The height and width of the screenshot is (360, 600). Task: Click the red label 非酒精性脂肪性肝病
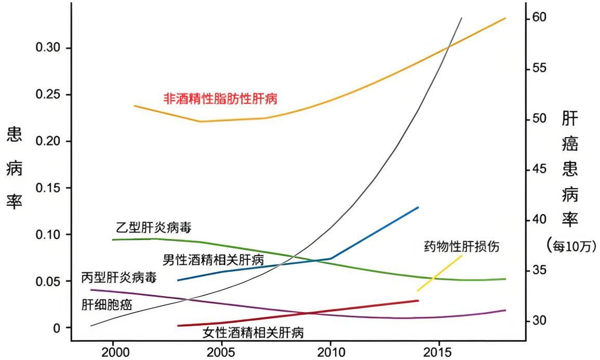pos(220,99)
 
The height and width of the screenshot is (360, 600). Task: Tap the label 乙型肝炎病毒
pos(154,228)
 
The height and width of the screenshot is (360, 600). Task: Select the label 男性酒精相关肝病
pos(214,259)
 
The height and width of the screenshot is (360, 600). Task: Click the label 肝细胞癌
pos(107,304)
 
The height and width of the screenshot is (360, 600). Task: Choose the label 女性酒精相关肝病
pos(253,332)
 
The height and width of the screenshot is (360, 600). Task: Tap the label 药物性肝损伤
pos(462,246)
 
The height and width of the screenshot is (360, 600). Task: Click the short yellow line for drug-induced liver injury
pos(439,273)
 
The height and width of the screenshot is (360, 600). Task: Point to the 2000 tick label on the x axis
pos(113,352)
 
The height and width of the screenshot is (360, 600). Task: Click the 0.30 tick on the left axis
pos(48,48)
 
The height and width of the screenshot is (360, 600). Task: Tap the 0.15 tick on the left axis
pos(48,188)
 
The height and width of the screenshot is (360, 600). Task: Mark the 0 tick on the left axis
pos(56,328)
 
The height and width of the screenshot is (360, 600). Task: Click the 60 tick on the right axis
pos(539,18)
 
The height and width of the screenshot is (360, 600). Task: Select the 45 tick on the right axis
pos(539,169)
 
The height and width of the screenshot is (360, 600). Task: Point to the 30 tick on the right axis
pos(539,321)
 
